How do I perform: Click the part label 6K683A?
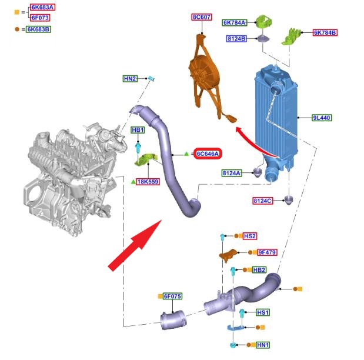pos(42,8)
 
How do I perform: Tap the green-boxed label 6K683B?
pos(39,29)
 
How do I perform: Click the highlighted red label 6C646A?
pos(208,154)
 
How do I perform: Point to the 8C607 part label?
pos(202,18)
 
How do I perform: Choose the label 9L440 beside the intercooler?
pos(322,118)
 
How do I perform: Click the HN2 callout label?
pos(130,78)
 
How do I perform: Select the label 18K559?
pos(148,182)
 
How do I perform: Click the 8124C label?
pos(263,201)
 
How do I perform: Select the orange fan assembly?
pos(205,74)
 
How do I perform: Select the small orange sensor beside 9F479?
pos(229,254)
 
